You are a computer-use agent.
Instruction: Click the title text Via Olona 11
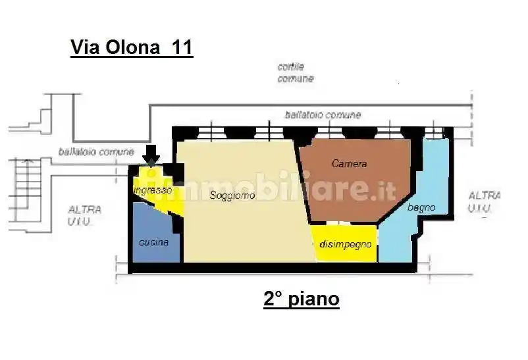[x=131, y=48]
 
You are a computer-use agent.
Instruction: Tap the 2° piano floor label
[x=302, y=299]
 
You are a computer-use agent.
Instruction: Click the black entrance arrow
[x=151, y=153]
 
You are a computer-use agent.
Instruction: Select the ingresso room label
[x=153, y=190]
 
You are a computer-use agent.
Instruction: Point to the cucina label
[x=153, y=242]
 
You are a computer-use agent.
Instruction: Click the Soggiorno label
[x=232, y=195]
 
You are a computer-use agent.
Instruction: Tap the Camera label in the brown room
[x=349, y=163]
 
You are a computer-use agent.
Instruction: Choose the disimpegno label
[x=345, y=244]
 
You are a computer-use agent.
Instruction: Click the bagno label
[x=421, y=207]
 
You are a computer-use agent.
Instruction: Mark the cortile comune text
[x=296, y=72]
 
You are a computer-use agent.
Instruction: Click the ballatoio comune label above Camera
[x=323, y=115]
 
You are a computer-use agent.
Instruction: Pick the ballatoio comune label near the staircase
[x=96, y=151]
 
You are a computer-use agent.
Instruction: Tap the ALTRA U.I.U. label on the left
[x=85, y=216]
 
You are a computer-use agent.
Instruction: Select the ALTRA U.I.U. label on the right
[x=484, y=202]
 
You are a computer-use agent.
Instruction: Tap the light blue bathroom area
[x=402, y=237]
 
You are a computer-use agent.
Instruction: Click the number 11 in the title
[x=182, y=48]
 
